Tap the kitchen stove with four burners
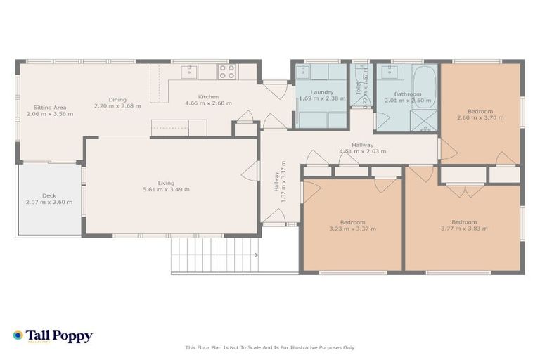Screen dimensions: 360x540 pos(226,72)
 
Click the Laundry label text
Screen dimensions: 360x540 pos(321,92)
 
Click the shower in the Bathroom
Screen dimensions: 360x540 pos(424,120)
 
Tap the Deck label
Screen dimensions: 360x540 pos(49,196)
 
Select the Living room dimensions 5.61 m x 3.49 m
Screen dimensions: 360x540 pos(166,190)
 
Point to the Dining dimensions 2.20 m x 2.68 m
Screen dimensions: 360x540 pos(117,106)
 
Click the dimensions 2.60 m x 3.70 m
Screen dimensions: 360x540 pos(480,118)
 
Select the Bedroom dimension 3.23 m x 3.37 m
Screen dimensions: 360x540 pos(352,229)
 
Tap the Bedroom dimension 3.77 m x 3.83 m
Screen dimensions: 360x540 pos(464,229)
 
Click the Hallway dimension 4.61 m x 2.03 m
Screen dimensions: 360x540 pos(362,151)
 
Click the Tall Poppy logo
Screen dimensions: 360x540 pos(52,336)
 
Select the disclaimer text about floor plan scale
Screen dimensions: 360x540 pos(269,347)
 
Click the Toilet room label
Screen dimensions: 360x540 pos(358,88)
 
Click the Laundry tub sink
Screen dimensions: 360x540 pos(303,72)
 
